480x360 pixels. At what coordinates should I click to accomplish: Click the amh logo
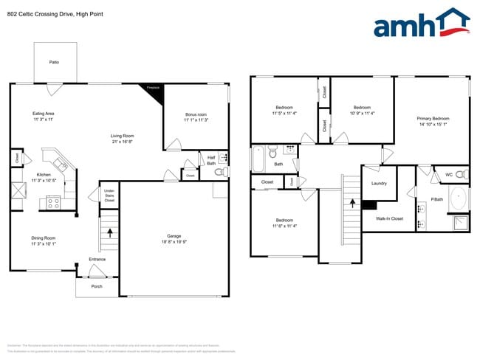point(422,24)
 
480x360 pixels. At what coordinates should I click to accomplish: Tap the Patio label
point(54,62)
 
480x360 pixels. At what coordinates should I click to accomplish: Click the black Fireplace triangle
point(154,89)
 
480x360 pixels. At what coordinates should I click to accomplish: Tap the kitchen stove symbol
point(53,200)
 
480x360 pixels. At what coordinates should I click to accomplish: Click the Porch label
point(96,286)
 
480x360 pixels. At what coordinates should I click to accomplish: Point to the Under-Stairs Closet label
point(109,195)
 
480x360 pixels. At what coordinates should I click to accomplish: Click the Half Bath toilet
point(219,172)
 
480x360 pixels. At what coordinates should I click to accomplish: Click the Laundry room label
point(380,184)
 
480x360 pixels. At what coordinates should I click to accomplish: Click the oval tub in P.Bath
point(458,198)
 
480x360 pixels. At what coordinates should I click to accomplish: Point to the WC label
point(448,175)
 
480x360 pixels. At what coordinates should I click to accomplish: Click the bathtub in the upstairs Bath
point(258,159)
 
